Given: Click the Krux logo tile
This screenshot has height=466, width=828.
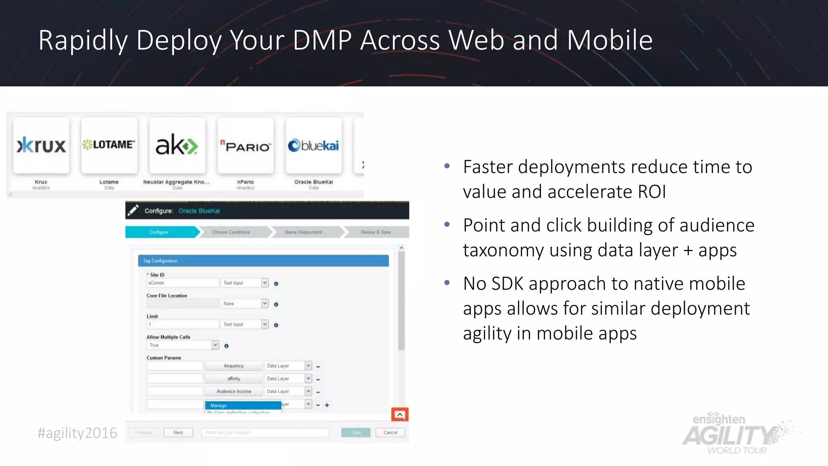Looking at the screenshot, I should coord(41,146).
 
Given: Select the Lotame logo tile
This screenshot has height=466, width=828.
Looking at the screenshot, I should coord(109,146).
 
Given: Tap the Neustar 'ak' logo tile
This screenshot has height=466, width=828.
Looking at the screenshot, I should coord(177,146).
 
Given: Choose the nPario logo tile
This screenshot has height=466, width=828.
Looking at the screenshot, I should coord(245,146).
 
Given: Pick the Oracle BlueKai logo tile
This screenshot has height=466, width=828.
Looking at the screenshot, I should coord(313,146).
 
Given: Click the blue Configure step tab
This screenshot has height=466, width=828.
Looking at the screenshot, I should coord(160,232).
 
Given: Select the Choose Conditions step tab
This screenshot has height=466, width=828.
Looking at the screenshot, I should coord(231,232).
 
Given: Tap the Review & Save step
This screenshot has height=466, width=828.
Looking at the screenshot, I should coord(376,232).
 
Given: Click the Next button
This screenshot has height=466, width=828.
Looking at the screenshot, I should coord(178,432).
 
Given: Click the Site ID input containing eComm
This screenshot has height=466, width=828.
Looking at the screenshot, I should coord(182,283).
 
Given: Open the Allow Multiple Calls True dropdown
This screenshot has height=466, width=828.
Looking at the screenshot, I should coord(215,345).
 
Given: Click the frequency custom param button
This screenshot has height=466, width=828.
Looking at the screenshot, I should coord(234,366).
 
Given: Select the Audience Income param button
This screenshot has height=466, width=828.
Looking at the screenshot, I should coord(234,391).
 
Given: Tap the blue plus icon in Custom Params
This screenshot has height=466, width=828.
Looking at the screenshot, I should coord(327,405).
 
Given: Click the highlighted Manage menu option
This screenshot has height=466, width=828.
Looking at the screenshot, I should coord(243,405).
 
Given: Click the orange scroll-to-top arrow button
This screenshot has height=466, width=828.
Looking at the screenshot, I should coord(400,415).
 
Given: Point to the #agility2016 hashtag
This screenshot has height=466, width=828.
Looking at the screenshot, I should coord(77,433).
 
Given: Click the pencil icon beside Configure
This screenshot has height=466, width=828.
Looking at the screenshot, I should coord(133,210).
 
